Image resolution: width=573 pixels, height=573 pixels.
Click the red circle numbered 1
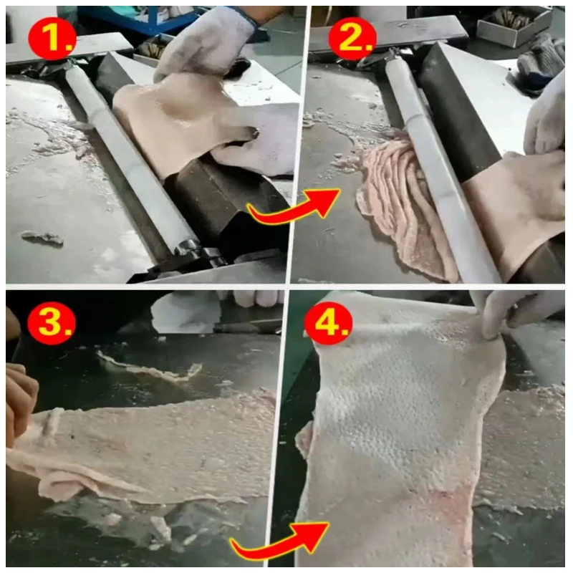52,39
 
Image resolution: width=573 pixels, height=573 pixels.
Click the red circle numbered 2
352,39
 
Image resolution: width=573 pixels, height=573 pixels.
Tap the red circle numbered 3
52,322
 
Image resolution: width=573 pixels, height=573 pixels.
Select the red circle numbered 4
329,323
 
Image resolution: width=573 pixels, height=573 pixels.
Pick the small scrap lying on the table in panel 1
42,238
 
